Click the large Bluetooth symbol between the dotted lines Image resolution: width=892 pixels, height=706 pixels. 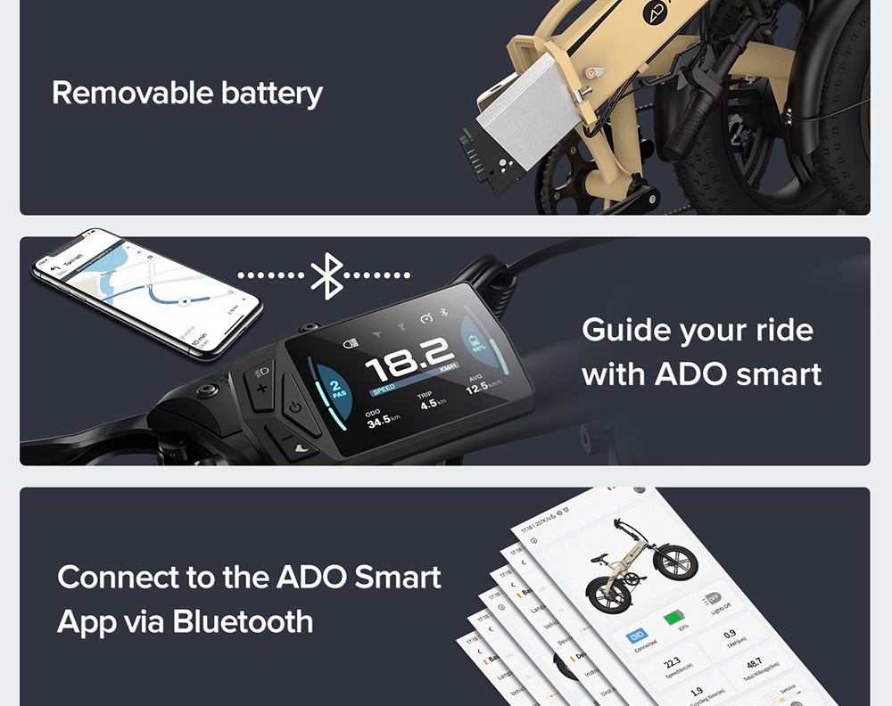(x=327, y=275)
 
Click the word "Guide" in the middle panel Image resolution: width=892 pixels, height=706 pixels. (x=625, y=330)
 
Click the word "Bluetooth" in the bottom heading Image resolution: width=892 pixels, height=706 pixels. (x=243, y=620)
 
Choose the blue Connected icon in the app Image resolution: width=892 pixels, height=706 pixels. (x=639, y=636)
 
